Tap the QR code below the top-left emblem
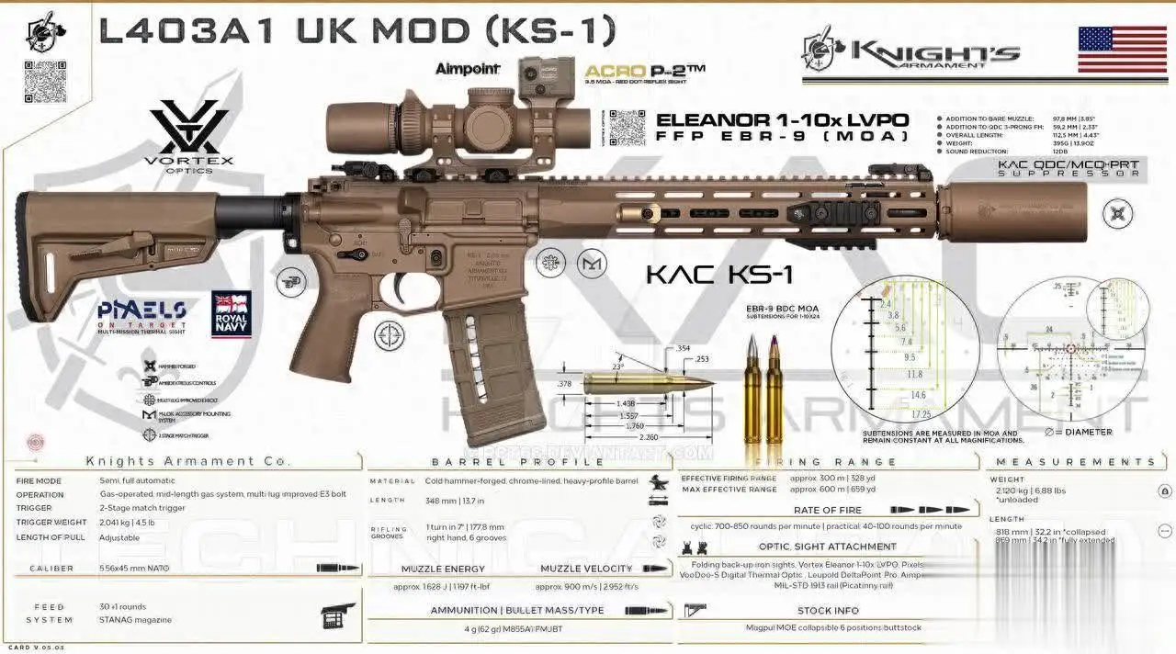(x=45, y=82)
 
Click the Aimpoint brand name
(x=468, y=69)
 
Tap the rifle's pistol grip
(x=322, y=339)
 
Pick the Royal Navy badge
(x=231, y=314)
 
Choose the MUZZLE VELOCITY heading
(x=585, y=569)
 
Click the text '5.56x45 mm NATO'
(x=139, y=569)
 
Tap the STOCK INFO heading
(x=827, y=610)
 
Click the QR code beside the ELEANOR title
(x=627, y=128)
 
